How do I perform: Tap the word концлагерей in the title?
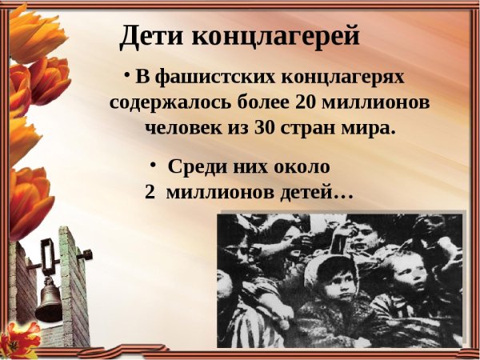(276, 37)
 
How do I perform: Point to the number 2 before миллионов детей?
(150, 194)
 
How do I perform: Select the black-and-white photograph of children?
(342, 279)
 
